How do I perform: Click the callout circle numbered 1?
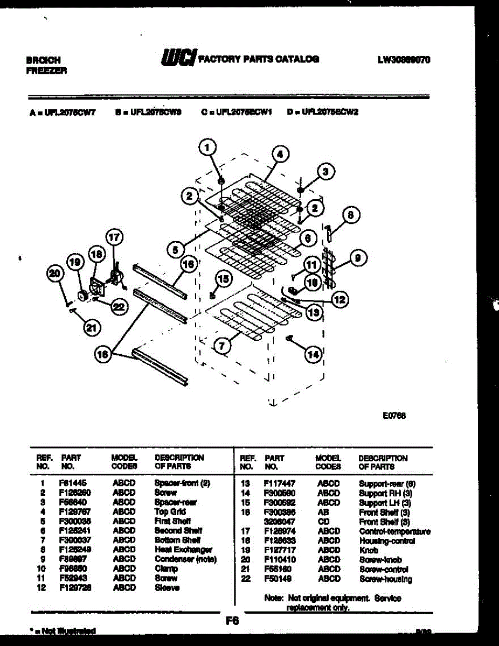(x=209, y=146)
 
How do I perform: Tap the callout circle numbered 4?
(x=279, y=154)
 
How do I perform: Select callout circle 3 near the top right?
(x=324, y=172)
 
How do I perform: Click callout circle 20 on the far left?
(x=54, y=273)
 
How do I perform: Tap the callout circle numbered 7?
(x=221, y=347)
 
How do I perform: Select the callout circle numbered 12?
(x=339, y=300)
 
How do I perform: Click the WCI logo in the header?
(x=178, y=59)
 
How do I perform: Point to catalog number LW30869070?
(x=404, y=60)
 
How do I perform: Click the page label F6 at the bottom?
(x=232, y=621)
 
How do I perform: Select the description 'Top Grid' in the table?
(x=170, y=512)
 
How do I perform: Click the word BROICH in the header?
(x=44, y=60)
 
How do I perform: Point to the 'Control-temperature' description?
(x=394, y=531)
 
